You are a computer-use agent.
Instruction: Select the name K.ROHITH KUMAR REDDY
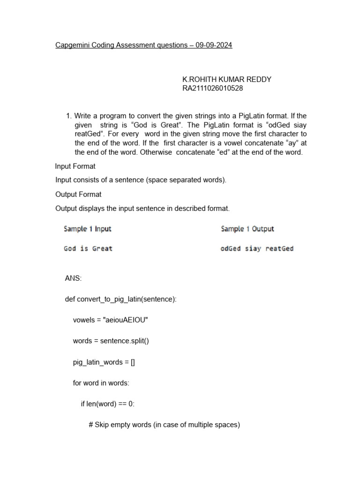coord(226,80)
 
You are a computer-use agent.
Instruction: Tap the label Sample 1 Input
coord(88,229)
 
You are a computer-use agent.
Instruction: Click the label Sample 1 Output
coord(247,229)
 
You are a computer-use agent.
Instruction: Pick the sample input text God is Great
coord(88,248)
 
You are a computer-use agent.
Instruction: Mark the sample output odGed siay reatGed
coord(257,248)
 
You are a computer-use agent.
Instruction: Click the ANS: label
coord(73,278)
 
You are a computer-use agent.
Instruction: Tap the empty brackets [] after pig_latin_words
coord(133,362)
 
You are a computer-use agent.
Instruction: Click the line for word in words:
coord(101,383)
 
